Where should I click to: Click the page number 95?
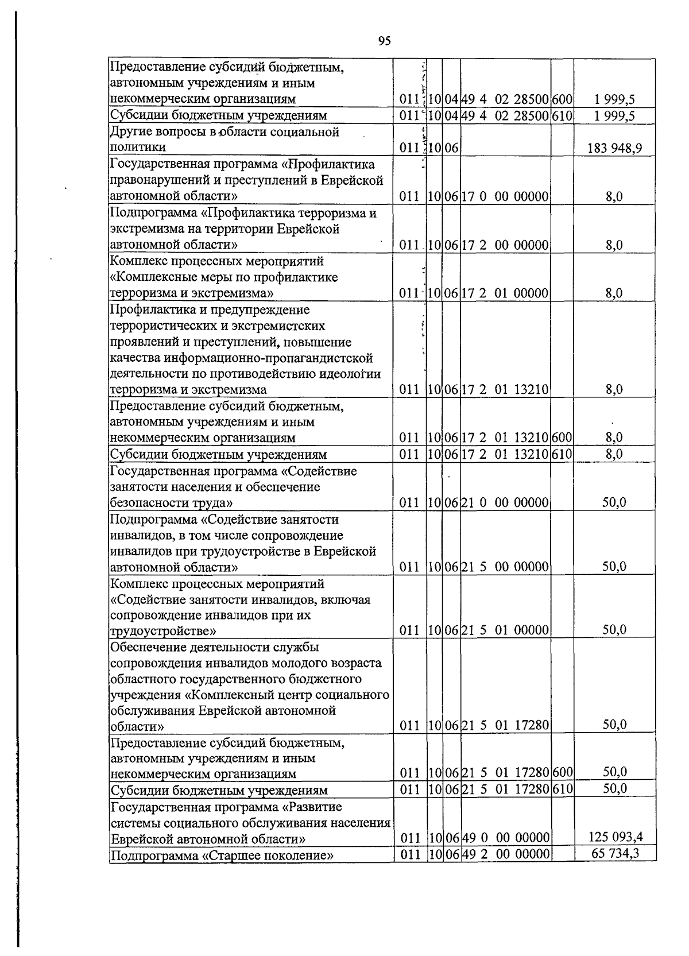[x=385, y=40]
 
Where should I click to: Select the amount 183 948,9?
[x=614, y=149]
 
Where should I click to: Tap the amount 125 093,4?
[x=614, y=837]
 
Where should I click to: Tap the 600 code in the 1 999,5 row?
[x=562, y=99]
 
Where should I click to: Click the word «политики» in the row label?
[x=133, y=148]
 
